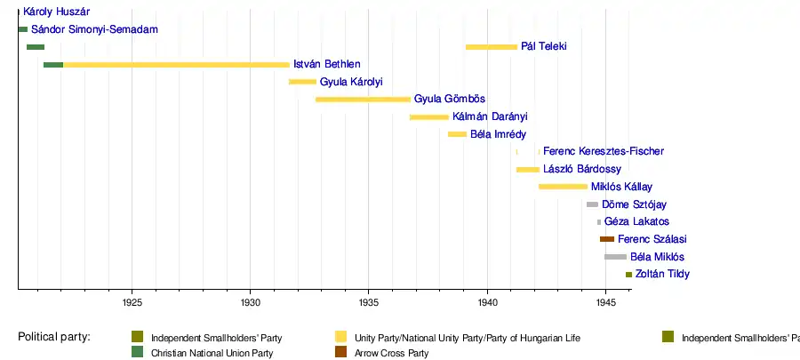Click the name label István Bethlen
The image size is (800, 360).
(x=326, y=64)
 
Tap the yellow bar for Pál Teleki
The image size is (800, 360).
(x=491, y=46)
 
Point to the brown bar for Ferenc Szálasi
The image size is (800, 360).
(x=607, y=239)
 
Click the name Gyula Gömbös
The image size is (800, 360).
(x=450, y=99)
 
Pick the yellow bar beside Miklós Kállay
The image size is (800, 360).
(x=563, y=187)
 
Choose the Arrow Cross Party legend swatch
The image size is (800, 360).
(x=340, y=353)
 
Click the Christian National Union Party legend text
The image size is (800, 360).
(x=212, y=354)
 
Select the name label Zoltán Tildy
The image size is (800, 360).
(x=662, y=274)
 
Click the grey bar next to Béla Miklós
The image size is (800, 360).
(x=615, y=257)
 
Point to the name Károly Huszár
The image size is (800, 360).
(x=56, y=12)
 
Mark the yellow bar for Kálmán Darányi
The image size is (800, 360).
(x=428, y=116)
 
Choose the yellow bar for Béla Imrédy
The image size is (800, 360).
(x=457, y=134)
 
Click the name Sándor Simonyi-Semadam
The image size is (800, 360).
(x=94, y=29)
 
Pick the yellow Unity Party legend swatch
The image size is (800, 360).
(x=340, y=337)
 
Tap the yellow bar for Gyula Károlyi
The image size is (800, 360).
(x=302, y=82)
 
